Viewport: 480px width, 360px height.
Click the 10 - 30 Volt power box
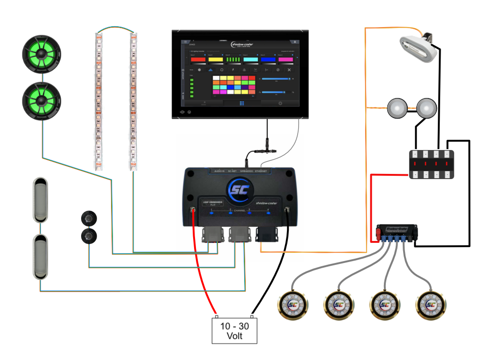pos(234,330)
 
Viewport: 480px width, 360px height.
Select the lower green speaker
pos(42,100)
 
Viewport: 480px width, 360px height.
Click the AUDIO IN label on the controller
pos(219,171)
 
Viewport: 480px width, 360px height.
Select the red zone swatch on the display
pos(198,60)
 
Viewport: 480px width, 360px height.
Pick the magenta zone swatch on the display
pos(285,60)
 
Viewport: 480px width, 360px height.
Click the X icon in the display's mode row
pos(289,70)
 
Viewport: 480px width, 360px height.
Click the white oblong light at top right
pos(419,49)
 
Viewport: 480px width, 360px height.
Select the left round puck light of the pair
pos(397,107)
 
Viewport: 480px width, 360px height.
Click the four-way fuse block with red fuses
pos(432,164)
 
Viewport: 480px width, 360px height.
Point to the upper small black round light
pos(89,218)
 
